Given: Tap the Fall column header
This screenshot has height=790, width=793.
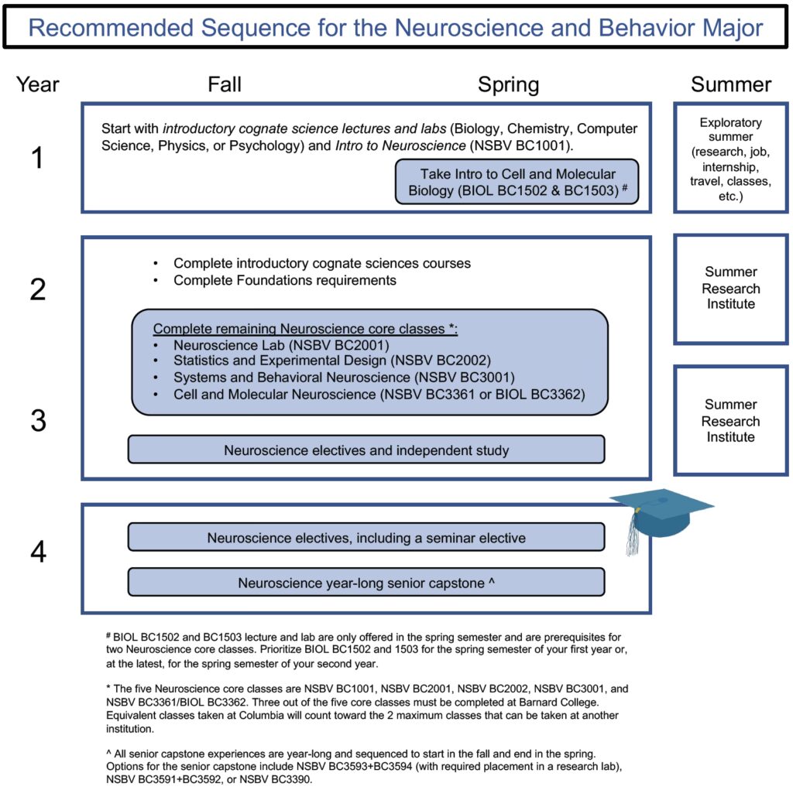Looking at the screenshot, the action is tap(225, 84).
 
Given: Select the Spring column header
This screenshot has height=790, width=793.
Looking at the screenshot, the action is tap(508, 85).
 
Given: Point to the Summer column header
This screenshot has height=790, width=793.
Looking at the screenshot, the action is tap(731, 84).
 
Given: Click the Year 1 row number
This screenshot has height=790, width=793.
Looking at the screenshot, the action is tap(37, 157).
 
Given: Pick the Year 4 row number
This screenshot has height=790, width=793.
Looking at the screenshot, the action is tap(39, 552).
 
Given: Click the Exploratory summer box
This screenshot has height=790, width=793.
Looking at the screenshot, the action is tap(731, 158).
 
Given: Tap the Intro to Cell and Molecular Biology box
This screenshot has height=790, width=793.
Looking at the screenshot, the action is tap(517, 182).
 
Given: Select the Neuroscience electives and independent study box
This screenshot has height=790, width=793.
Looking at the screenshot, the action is tap(366, 450).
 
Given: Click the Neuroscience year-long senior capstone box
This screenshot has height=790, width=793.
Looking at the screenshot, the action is tap(366, 583).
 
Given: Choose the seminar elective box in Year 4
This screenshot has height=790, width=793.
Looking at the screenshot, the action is tap(366, 537).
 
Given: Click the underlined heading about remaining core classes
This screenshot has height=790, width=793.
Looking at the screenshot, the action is tap(305, 329).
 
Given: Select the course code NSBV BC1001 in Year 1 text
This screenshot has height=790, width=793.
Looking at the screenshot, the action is tap(520, 145).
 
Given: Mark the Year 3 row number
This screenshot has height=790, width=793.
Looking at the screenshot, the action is tap(39, 420).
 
